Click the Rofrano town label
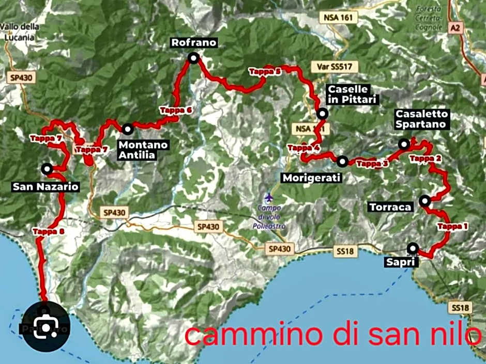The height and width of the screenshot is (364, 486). [194, 43]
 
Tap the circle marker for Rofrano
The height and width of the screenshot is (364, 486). [193, 59]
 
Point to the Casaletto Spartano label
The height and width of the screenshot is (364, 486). [422, 119]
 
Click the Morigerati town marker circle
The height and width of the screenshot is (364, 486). [342, 162]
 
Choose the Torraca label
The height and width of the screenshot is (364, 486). [390, 207]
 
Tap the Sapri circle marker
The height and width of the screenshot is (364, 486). [412, 248]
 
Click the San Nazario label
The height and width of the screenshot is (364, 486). [45, 186]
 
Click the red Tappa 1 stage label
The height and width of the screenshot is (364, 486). [452, 226]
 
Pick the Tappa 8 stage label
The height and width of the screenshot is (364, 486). [48, 231]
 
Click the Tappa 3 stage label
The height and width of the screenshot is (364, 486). [372, 164]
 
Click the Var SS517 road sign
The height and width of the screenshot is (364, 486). [334, 67]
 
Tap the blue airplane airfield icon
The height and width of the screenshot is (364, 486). [268, 197]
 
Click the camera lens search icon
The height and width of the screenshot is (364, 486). [45, 325]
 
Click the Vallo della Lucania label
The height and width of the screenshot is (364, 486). [18, 31]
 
